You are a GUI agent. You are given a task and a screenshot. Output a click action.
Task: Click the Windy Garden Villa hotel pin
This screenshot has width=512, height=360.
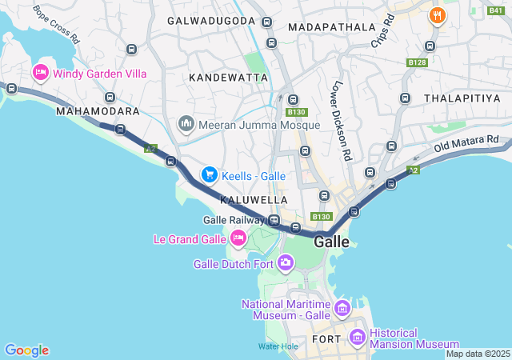click(x=39, y=74)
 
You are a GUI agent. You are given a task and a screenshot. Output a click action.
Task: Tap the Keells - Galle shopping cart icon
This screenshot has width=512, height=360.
click(x=209, y=174)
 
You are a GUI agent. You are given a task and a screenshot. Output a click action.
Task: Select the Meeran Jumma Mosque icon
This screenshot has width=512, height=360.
click(x=186, y=124)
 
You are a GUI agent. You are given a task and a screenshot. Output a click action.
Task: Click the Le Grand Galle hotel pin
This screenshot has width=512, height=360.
click(x=238, y=238)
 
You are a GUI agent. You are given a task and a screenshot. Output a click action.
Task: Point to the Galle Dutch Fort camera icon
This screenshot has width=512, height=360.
click(x=286, y=263)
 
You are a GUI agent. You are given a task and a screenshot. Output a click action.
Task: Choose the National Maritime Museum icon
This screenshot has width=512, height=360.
click(x=342, y=308)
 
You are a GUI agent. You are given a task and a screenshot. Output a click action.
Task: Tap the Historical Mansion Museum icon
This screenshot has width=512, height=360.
click(x=357, y=338)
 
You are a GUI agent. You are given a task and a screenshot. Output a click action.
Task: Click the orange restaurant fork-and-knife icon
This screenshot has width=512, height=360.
click(x=436, y=14)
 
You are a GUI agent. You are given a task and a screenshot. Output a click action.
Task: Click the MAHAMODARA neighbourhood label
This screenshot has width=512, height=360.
click(x=98, y=111)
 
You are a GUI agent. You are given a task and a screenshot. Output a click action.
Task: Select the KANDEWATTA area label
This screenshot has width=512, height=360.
click(x=228, y=78)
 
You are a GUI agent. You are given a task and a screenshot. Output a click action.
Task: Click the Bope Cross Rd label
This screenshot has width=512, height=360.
click(x=56, y=24)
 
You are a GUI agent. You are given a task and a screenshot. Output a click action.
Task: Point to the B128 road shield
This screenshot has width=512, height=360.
click(x=416, y=62)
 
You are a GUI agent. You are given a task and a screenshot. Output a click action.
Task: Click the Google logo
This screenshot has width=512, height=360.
click(x=26, y=350)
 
